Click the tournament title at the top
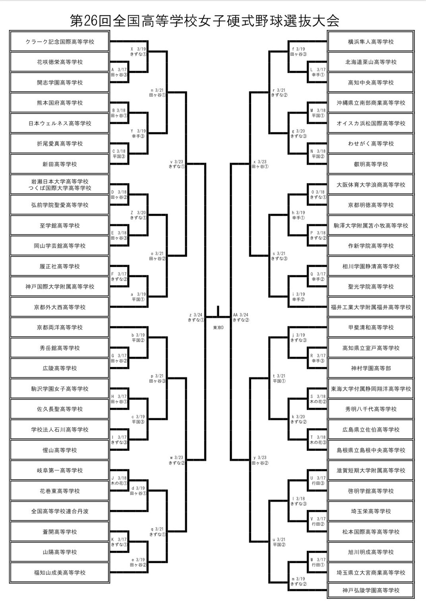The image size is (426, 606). pos(205,21)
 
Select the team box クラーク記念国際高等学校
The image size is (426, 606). pos(60,42)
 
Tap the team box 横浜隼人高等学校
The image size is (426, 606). pos(370,42)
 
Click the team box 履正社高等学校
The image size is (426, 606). pos(60,266)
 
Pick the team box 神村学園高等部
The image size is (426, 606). pos(370,368)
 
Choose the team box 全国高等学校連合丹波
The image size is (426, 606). pos(60,511)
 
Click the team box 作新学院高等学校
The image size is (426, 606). pos(370,246)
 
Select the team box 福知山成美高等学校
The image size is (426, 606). pos(60,573)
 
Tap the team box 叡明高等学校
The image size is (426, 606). pos(370,164)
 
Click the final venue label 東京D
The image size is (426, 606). pos(219,328)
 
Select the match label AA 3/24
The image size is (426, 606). pos(240,315)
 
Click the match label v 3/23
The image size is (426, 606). pos(176,162)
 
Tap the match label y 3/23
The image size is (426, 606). pos(260,457)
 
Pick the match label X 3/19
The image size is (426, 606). pos(138,49)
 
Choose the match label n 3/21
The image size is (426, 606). pos(157,90)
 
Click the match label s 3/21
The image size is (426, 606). pos(279,253)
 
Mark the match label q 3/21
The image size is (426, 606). pos(157,529)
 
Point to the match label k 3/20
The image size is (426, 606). pos(298,417)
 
